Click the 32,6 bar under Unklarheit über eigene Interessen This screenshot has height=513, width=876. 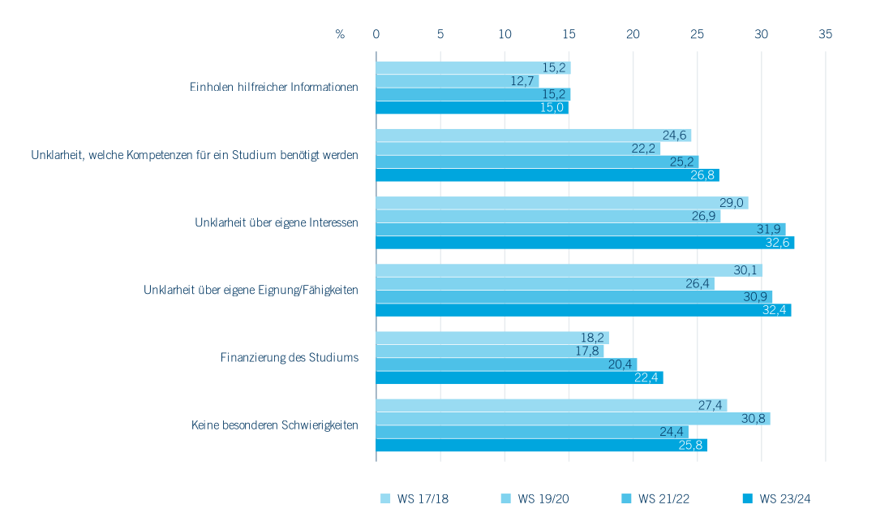coord(585,243)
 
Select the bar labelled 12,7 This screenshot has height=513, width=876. coord(457,81)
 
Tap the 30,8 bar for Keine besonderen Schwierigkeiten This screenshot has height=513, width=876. coord(573,419)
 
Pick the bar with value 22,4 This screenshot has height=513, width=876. coord(519,377)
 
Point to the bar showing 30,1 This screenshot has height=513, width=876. coord(569,270)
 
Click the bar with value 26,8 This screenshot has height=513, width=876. coord(547,175)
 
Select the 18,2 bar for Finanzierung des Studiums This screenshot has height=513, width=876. coord(492,338)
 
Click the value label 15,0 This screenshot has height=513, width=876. coord(555,108)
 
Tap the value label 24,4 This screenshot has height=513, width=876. coord(673,432)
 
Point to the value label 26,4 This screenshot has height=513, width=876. coord(699,283)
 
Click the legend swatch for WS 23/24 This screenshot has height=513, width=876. coord(747,498)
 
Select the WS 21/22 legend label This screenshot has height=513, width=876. coord(664,498)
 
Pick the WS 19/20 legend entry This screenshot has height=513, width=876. coord(543,498)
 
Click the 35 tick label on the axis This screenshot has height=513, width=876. coord(826,34)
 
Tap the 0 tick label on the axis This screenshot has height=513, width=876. coord(376,34)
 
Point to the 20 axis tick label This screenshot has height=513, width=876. coord(633,34)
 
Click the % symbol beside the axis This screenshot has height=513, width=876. coord(340,34)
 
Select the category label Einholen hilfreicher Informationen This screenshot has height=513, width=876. coord(274,88)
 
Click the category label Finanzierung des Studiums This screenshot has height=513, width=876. coord(290,357)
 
